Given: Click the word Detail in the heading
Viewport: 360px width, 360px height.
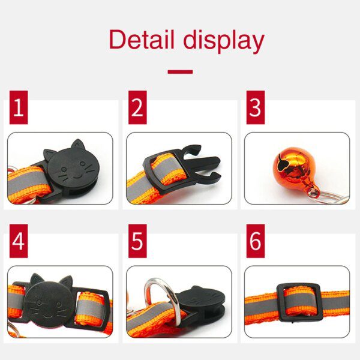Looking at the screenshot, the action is (142, 39).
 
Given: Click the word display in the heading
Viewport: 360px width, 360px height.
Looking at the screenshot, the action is (224, 41).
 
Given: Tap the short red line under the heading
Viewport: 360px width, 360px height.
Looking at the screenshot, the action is (180, 72).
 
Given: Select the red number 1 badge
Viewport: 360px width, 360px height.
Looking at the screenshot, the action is (19, 107).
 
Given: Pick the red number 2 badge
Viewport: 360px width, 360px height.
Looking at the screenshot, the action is (137, 107).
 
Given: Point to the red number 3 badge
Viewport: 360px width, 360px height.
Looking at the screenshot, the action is (256, 107).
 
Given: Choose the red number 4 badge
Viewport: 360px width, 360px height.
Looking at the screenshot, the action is (19, 241).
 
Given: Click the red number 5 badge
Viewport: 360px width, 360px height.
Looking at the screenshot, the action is (137, 241).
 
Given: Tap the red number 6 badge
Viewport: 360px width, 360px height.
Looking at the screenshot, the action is (256, 241).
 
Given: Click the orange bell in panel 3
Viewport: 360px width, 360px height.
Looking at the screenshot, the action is (292, 166).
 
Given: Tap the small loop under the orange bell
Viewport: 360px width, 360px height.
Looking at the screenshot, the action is (314, 193).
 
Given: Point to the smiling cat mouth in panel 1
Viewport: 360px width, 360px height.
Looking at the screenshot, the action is (77, 177).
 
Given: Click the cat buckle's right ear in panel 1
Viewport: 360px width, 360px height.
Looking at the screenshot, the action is (77, 145).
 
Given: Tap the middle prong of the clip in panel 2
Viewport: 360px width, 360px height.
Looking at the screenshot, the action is (205, 163).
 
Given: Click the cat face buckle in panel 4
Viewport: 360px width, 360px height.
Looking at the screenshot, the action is (49, 301).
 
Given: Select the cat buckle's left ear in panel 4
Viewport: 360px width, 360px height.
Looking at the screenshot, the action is (37, 279).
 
